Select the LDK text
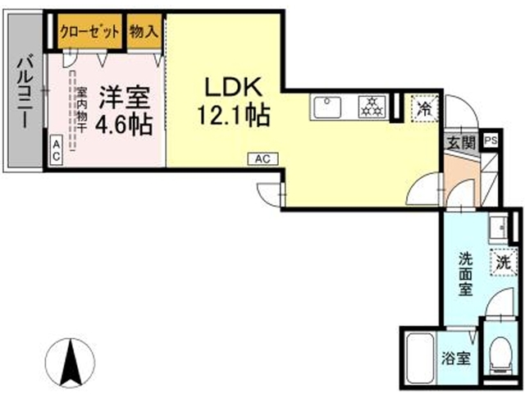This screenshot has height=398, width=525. click(232, 87)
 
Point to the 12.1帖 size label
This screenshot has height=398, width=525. click(232, 116)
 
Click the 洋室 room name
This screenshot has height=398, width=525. click(124, 98)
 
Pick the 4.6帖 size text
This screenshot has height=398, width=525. click(124, 126)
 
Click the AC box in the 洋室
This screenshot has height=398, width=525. click(57, 149)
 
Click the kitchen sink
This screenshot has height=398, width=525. click(330, 107)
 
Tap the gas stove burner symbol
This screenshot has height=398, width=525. click(373, 106)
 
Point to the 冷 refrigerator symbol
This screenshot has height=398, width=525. click(424, 108)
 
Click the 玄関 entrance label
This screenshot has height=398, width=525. click(459, 141)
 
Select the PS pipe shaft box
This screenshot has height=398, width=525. click(491, 140)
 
